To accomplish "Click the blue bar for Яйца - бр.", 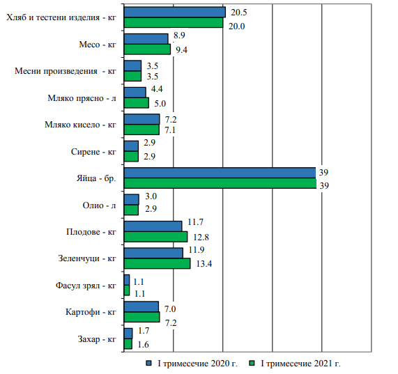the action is (x=220, y=173).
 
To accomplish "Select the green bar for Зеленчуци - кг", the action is (x=157, y=263).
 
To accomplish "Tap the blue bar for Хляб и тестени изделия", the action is (x=175, y=12).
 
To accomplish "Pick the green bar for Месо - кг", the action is (x=147, y=49).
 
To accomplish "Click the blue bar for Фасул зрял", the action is (x=127, y=280).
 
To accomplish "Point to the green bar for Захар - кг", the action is (x=128, y=344).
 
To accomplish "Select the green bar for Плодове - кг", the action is (x=155, y=237).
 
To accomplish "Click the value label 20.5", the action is (x=239, y=13).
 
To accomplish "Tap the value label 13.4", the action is (x=204, y=264).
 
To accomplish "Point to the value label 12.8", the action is (x=201, y=237).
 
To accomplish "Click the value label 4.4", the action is (x=157, y=89).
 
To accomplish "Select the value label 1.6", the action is (x=143, y=345).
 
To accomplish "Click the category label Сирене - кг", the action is (x=93, y=152).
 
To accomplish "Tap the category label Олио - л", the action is (x=99, y=205).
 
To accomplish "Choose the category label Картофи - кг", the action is (x=91, y=312).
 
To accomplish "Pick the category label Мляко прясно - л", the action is (x=82, y=98).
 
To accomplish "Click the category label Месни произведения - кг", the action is (x=66, y=71).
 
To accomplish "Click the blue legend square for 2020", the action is (x=148, y=364).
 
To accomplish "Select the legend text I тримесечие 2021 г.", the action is (x=300, y=364).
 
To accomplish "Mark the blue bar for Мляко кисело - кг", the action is (x=142, y=119).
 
